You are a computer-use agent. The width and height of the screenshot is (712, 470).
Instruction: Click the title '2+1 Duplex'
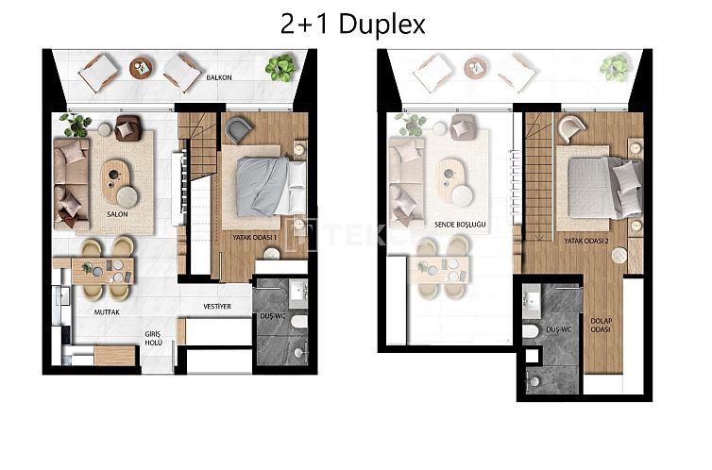click(354, 24)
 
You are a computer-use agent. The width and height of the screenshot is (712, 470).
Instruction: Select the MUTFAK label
click(106, 310)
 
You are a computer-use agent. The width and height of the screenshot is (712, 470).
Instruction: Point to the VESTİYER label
click(218, 305)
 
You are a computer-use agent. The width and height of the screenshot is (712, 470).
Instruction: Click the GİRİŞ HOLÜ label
click(153, 339)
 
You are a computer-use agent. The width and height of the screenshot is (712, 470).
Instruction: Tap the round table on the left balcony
click(142, 68)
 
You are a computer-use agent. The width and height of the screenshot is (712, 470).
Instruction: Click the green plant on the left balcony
click(279, 67)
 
